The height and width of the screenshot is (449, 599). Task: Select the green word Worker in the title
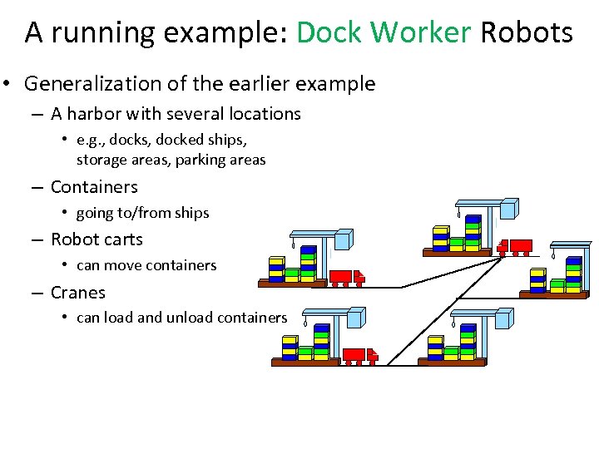point(421,32)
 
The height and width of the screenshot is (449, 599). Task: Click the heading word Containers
point(94,187)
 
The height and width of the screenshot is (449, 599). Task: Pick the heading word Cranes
point(78,293)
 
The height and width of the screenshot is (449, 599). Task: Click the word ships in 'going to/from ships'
point(191,213)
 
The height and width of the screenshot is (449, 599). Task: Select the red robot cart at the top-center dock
point(515,247)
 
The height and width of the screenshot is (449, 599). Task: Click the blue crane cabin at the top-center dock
point(508,208)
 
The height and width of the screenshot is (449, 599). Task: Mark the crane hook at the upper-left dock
point(293,246)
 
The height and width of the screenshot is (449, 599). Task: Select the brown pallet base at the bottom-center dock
point(450,363)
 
